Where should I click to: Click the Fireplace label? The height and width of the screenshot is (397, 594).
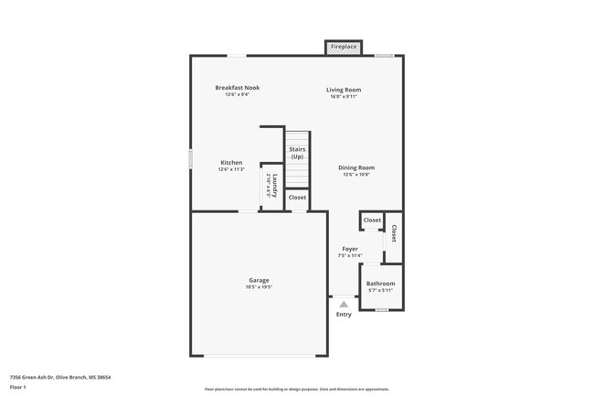344,47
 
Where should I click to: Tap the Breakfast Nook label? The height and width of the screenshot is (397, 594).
238,88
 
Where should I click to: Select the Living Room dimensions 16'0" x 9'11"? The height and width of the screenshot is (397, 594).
344,96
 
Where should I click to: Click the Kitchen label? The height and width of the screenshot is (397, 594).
231,163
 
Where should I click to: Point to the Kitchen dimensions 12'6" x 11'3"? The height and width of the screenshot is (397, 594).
231,169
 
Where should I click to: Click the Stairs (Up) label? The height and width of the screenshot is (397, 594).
297,153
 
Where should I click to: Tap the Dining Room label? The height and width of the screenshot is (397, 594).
356,167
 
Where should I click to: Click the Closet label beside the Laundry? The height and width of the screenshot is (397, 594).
297,198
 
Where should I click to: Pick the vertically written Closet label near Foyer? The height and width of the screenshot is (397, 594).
394,234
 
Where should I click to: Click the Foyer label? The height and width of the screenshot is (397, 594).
350,249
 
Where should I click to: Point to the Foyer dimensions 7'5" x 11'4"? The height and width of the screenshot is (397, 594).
350,256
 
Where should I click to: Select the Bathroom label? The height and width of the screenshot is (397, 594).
381,284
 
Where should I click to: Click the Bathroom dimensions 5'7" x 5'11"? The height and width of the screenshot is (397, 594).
381,291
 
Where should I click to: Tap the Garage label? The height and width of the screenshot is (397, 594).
259,280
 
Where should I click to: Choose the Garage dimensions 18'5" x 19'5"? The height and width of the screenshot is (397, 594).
259,287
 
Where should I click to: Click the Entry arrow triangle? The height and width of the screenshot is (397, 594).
344,304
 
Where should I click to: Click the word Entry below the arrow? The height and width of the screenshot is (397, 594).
344,315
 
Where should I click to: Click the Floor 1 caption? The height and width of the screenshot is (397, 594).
18,387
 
